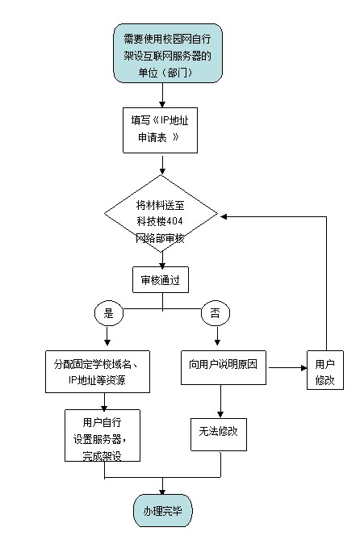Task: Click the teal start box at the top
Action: pos(168,53)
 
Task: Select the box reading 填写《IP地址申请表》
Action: pos(160,130)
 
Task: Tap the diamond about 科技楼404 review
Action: pos(161,214)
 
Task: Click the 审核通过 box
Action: pos(161,279)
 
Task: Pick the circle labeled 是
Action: pos(108,313)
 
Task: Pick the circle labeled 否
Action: pos(216,313)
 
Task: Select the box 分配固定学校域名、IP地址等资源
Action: pos(98,371)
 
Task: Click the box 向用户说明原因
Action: pos(224,367)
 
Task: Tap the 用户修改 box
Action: pos(325,370)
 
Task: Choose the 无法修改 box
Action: pos(219,434)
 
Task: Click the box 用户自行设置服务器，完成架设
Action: pos(103,435)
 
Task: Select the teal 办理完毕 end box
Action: pos(163,511)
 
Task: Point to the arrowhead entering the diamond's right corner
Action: pos(224,216)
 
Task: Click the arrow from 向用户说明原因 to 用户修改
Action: pos(287,368)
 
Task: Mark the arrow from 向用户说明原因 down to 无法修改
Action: pos(220,401)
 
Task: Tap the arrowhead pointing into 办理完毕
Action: pos(162,492)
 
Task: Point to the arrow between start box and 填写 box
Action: pos(162,95)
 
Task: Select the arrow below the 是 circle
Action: pos(107,336)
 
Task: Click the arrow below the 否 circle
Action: pos(217,336)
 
